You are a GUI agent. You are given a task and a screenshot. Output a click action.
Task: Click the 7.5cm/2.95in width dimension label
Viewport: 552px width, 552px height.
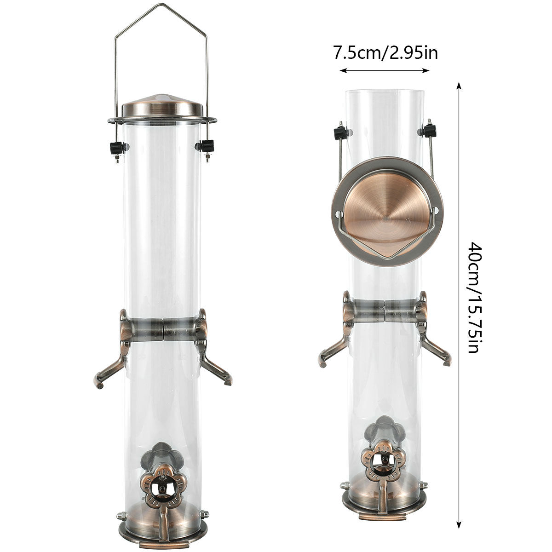tap(385, 53)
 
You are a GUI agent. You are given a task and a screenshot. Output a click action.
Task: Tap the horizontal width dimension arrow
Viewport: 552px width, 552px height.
tap(385, 70)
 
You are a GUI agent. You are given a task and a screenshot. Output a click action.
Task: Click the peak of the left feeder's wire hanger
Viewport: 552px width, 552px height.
tap(161, 4)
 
